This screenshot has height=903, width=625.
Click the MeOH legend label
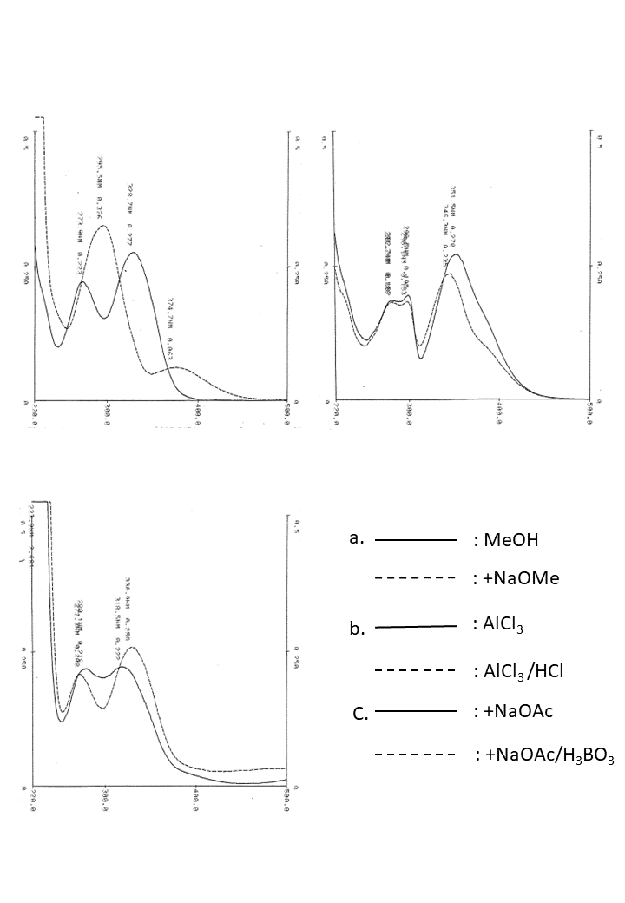coord(511,540)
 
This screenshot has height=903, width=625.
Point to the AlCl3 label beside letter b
coord(501,624)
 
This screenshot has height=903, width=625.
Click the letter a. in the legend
coord(355,538)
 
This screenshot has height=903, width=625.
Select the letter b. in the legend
coord(357,629)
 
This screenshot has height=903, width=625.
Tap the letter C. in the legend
coord(361,715)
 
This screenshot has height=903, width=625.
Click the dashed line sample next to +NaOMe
coord(415,577)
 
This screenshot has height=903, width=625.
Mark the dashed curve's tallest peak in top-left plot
coord(102,226)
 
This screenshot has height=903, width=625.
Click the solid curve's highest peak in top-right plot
coord(455,254)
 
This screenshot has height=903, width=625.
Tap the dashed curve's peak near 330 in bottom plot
coord(132,648)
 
